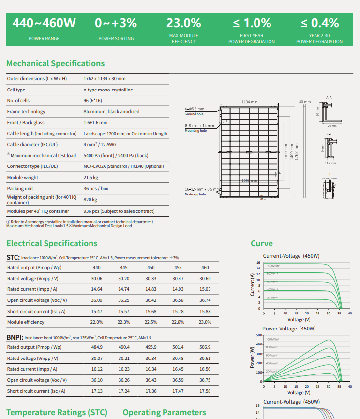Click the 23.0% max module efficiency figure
coord(183,23)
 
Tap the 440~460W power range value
coord(44,23)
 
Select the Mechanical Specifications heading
coord(55,63)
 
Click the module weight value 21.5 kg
coord(90,178)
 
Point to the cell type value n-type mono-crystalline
coord(108,90)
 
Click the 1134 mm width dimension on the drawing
coord(249,102)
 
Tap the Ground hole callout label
coord(194,114)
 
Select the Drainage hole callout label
coord(195,194)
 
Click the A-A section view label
coord(329,97)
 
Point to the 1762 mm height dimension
coord(297,152)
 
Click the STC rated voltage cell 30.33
coord(150,279)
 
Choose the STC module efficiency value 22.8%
coord(178,322)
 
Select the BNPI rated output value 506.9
coord(205,347)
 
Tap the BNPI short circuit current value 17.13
coord(97,391)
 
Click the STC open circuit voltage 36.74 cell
coord(205,300)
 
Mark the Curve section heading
coord(261,243)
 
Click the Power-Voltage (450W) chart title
coord(288,329)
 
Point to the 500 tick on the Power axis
coord(257,335)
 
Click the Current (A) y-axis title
coord(252,284)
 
